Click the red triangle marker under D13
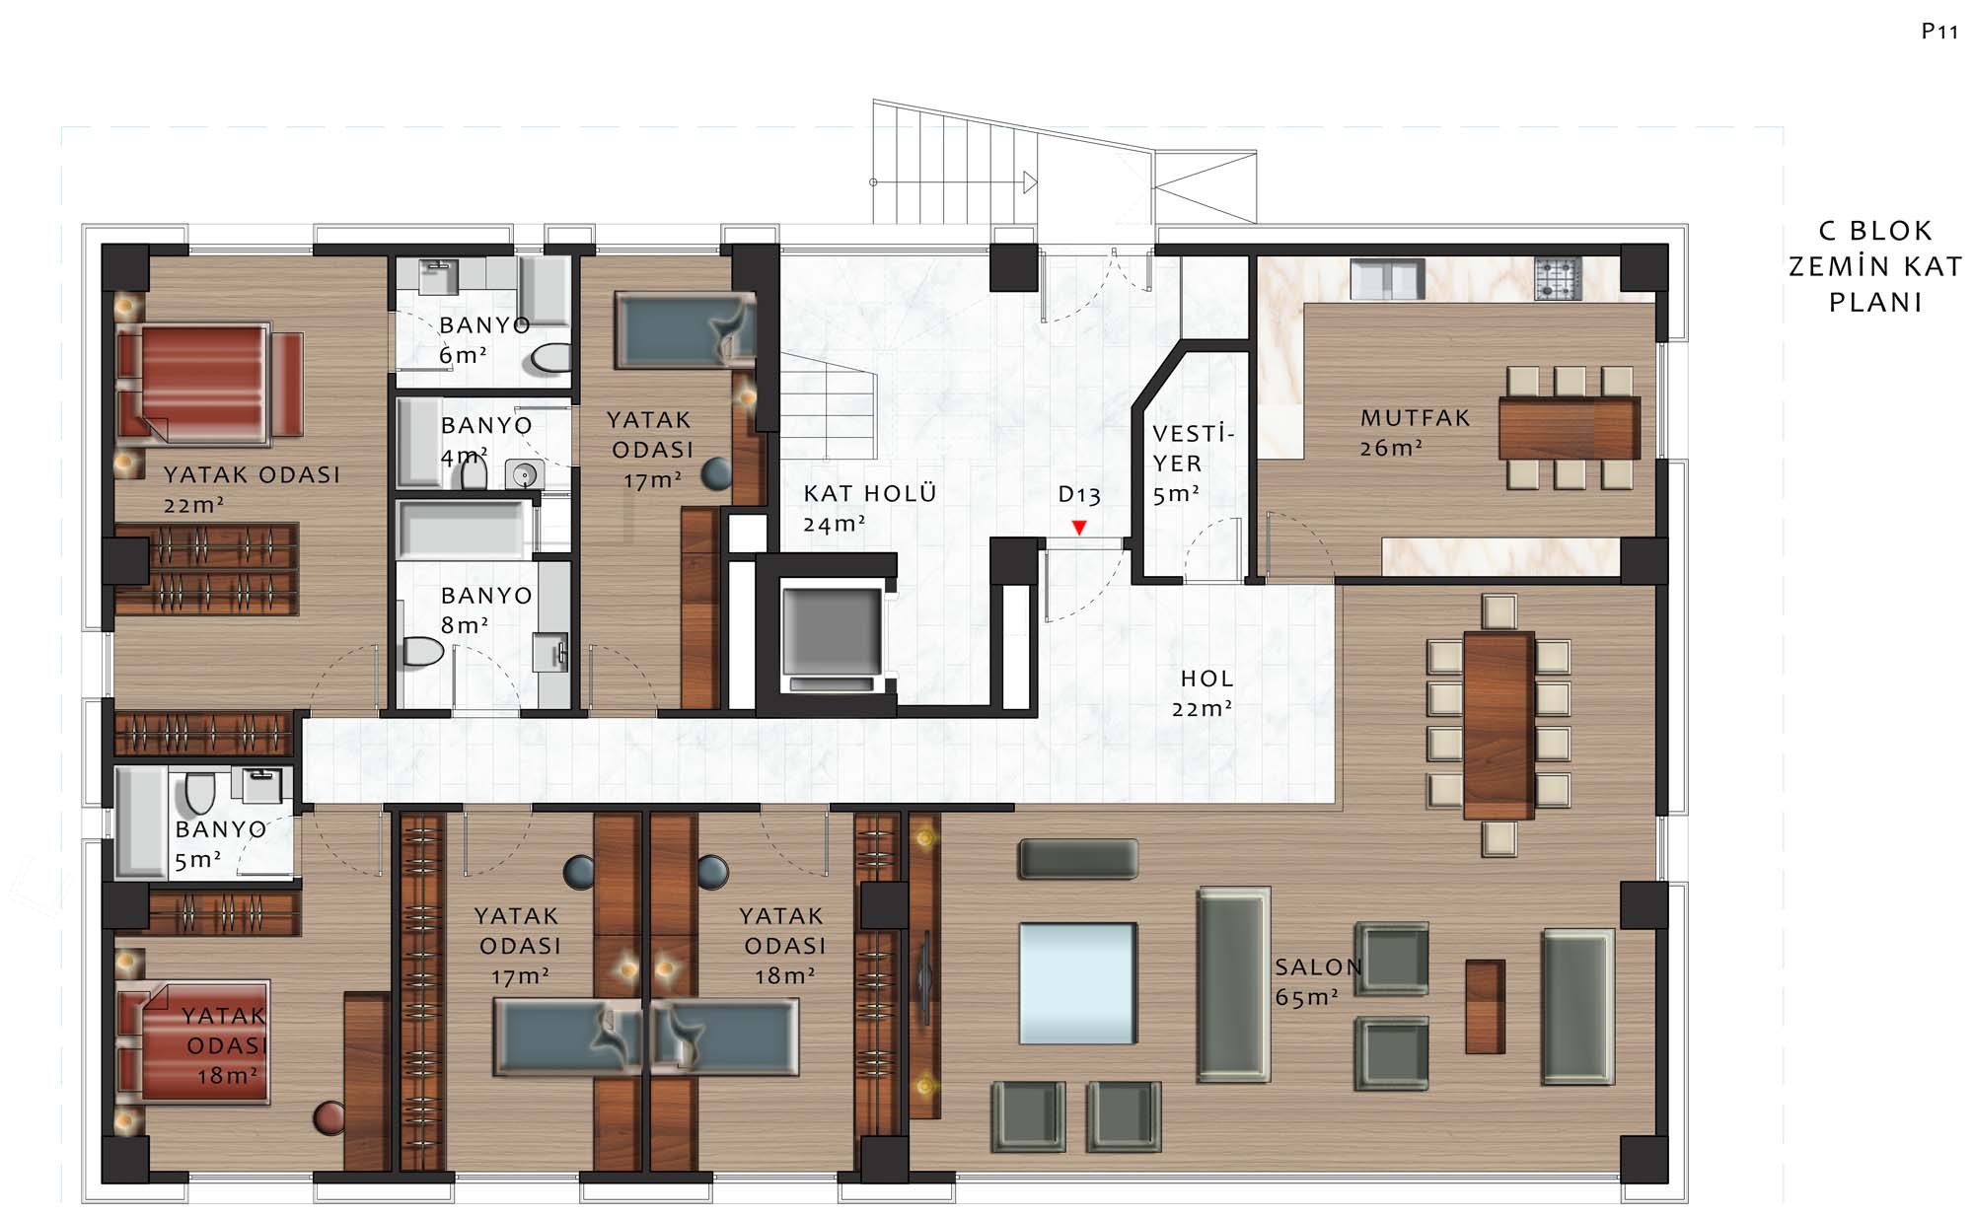1079,528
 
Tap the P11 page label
1939,32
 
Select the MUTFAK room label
1416,418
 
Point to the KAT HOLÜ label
869,493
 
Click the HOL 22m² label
1204,693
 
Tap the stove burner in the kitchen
1559,278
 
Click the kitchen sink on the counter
1387,279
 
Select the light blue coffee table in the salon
1078,983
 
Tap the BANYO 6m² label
484,339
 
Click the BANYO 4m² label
485,440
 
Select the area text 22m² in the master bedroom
193,505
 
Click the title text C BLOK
1875,231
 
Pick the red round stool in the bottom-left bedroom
329,1117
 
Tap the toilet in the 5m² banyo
199,793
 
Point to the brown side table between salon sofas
1485,1006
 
